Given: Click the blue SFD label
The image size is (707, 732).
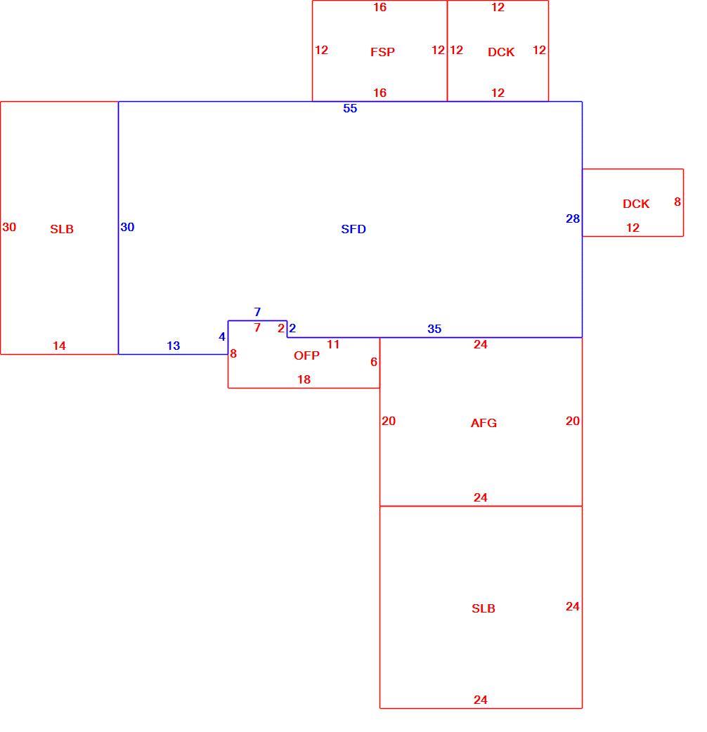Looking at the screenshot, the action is click(x=353, y=229).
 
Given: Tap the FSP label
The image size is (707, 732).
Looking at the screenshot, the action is click(x=382, y=52).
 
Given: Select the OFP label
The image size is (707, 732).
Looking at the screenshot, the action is click(x=306, y=355).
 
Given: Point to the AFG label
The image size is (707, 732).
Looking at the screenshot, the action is click(x=484, y=423).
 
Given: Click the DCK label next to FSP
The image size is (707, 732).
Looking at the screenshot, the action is click(x=501, y=52).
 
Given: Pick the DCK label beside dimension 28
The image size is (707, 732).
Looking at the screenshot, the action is click(x=635, y=204).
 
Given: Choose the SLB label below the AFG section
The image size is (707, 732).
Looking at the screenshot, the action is click(x=484, y=608).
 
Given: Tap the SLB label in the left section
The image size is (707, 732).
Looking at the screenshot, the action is click(x=62, y=229).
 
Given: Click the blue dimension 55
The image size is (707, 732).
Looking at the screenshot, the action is click(x=350, y=108).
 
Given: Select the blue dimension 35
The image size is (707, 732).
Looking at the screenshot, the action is click(x=434, y=329).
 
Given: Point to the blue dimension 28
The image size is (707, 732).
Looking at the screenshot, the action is click(x=573, y=218).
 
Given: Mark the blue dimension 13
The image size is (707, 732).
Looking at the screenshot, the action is click(x=174, y=346).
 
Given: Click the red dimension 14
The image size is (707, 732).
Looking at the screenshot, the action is click(x=59, y=346).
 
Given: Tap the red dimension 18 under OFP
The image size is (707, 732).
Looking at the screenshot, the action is click(x=304, y=379).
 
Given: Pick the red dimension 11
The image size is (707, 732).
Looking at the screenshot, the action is click(x=333, y=344).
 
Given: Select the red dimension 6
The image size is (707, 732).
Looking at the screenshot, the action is click(x=374, y=361).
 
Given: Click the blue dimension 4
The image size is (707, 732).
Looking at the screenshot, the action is click(x=222, y=336).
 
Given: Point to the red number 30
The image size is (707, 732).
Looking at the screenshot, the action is click(x=9, y=227).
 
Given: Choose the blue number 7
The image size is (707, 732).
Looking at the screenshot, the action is click(x=257, y=311).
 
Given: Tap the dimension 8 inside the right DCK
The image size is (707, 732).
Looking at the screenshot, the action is click(x=677, y=202).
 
